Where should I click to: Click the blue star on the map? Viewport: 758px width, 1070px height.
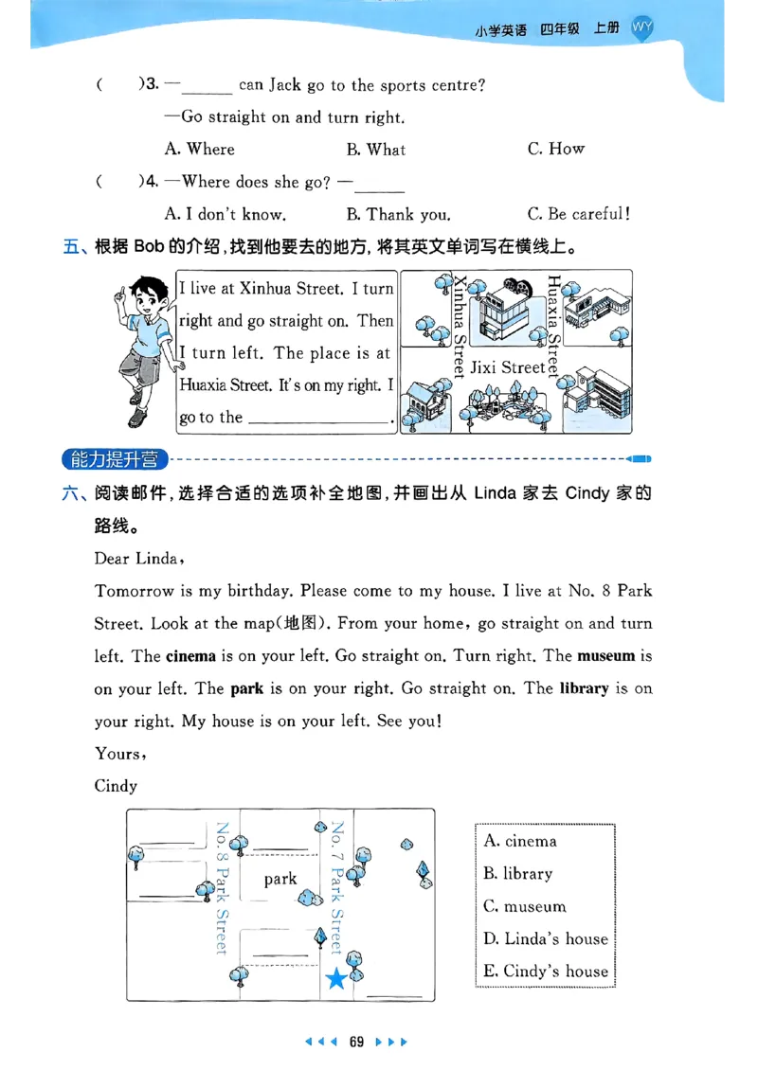(x=335, y=979)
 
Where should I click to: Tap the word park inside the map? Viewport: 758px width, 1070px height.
(x=280, y=879)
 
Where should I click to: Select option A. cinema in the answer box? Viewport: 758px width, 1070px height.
(x=519, y=841)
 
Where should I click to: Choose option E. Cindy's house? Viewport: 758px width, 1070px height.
(x=546, y=971)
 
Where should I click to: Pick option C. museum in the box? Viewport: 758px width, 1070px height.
(x=525, y=906)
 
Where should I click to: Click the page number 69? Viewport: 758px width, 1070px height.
(x=356, y=1042)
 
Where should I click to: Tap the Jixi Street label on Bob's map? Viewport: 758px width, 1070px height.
(x=508, y=367)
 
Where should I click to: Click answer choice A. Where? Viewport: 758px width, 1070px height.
(x=199, y=149)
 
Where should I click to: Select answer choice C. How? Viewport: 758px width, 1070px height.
(x=556, y=149)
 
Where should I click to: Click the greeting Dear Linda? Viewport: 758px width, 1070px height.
(x=138, y=558)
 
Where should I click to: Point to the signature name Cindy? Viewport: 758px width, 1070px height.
(x=116, y=786)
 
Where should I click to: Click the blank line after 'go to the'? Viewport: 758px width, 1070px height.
(x=317, y=419)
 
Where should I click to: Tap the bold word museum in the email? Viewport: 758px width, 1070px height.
(x=606, y=655)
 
